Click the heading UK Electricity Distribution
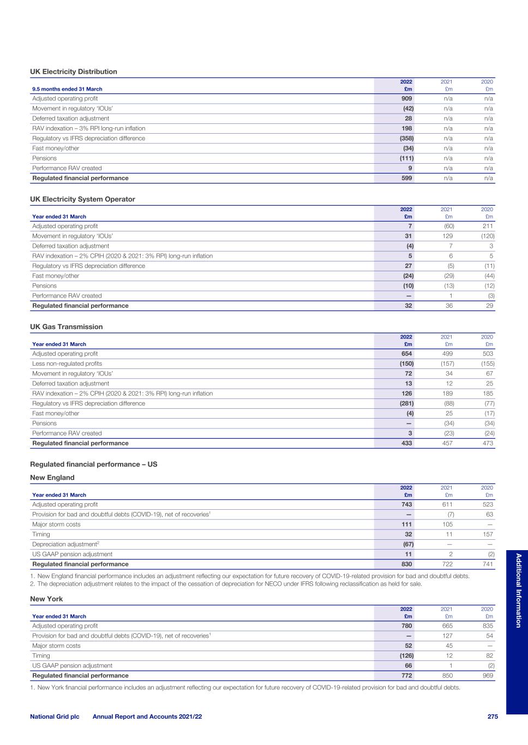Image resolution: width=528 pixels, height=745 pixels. (x=74, y=71)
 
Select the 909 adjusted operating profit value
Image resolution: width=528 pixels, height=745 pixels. (x=407, y=99)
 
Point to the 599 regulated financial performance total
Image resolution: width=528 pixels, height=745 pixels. (x=407, y=178)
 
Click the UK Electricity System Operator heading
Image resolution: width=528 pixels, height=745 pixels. (x=82, y=199)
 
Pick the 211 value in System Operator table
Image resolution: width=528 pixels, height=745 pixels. (x=488, y=226)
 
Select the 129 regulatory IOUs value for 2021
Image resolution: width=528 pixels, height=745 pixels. (x=448, y=236)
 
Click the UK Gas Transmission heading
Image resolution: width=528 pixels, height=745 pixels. (x=66, y=327)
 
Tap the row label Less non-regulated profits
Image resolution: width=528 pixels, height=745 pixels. (x=67, y=363)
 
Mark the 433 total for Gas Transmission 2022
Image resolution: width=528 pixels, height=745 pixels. (x=407, y=443)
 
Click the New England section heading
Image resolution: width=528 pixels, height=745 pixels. (x=52, y=478)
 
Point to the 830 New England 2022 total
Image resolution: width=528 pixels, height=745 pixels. (x=407, y=564)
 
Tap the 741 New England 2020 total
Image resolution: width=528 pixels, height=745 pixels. (x=488, y=564)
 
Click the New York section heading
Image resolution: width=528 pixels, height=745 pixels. (x=46, y=599)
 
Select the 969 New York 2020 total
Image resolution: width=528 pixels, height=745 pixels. (x=488, y=676)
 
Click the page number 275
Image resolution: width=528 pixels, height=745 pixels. (x=493, y=717)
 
